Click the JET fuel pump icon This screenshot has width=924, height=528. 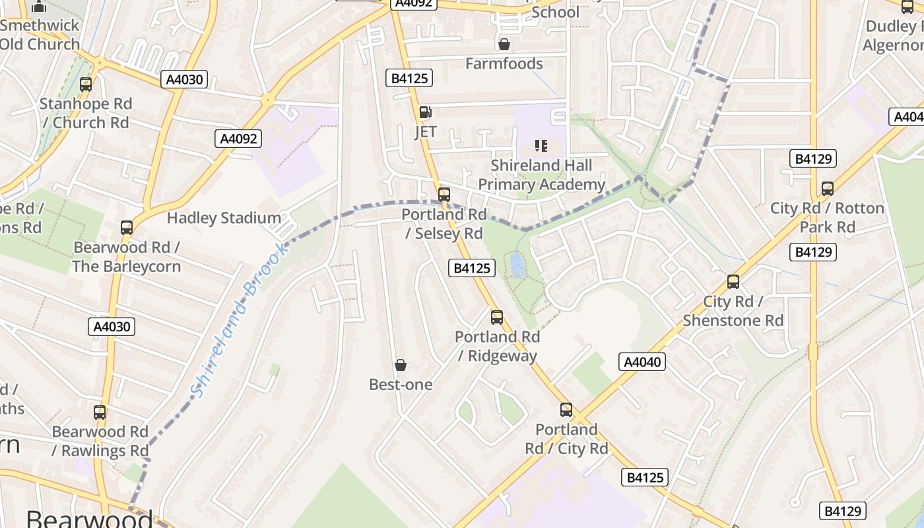[x=426, y=113]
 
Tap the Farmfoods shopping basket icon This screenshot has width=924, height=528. [x=504, y=44]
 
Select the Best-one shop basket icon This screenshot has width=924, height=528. [x=401, y=365]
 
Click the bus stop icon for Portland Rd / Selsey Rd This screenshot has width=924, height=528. [x=444, y=195]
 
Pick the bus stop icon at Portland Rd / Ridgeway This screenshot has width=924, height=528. [x=497, y=317]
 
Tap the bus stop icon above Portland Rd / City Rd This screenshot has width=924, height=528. [x=566, y=410]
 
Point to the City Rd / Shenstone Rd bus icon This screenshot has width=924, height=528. [x=733, y=282]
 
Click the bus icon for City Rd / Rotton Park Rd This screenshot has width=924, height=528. [x=828, y=189]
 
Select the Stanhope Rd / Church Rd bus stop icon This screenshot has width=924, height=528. [x=86, y=84]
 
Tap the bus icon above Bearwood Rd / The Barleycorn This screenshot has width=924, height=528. [x=127, y=228]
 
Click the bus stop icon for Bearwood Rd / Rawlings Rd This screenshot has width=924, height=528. [x=100, y=412]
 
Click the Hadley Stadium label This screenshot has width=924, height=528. [x=224, y=218]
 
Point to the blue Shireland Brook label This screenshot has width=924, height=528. [x=239, y=321]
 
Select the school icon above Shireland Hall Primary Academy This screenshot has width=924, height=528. [x=541, y=146]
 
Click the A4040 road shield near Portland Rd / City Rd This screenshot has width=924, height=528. [x=642, y=362]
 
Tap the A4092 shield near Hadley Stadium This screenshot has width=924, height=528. [x=238, y=139]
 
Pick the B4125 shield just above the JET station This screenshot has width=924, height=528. [x=409, y=79]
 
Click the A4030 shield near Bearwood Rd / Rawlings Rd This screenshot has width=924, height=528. [x=112, y=327]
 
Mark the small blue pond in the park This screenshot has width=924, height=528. [x=517, y=265]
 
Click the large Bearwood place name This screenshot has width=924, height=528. [x=89, y=517]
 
